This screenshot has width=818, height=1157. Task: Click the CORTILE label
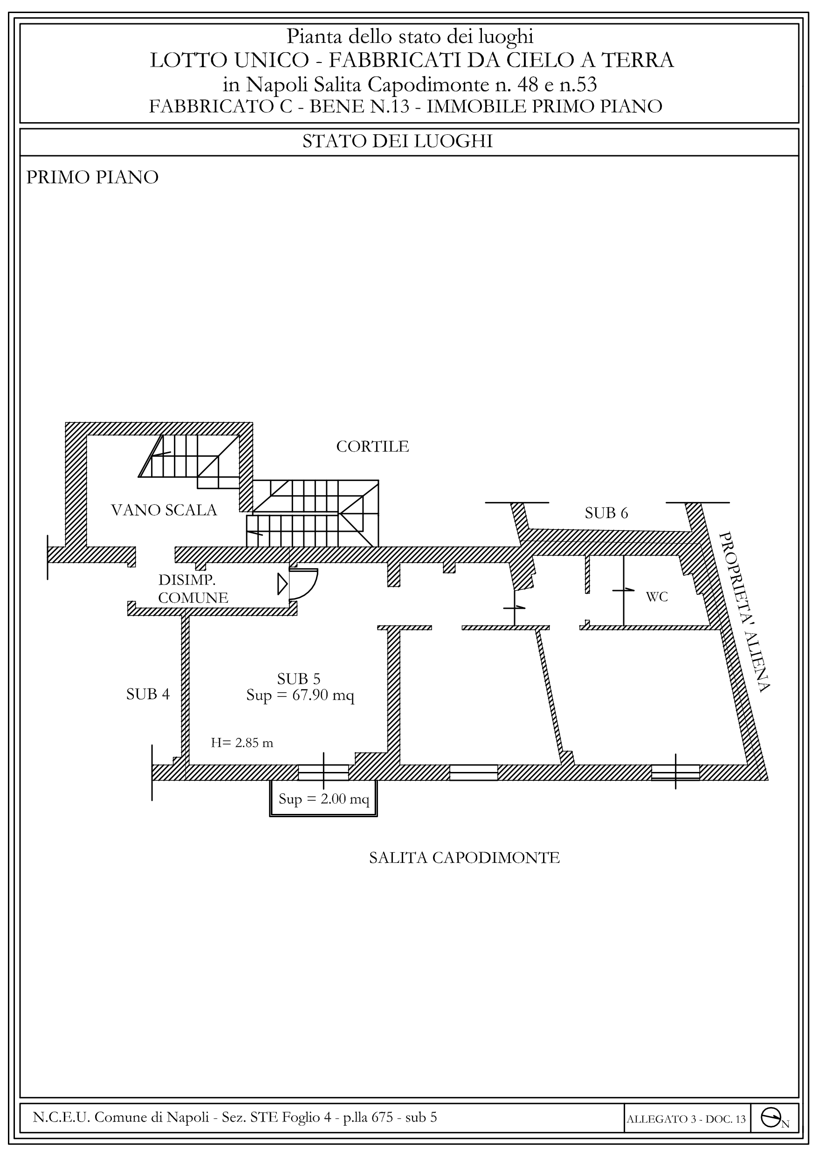tap(372, 447)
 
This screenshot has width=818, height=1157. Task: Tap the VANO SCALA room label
tap(164, 510)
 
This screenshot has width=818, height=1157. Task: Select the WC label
tap(657, 597)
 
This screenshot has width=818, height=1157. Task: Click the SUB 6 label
tap(606, 513)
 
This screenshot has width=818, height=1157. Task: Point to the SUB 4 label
tap(148, 695)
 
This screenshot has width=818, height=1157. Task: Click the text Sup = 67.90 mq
tap(300, 696)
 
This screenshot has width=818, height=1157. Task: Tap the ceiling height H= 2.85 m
tap(242, 743)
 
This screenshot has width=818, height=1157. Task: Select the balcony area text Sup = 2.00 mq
tap(323, 799)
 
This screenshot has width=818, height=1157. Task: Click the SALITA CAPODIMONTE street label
tap(464, 858)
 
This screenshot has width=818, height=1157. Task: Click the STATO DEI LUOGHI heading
tap(397, 141)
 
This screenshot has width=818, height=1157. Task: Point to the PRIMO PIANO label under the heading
tap(92, 178)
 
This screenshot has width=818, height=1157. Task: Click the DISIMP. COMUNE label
tap(193, 589)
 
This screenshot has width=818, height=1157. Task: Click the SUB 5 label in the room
tap(299, 679)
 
